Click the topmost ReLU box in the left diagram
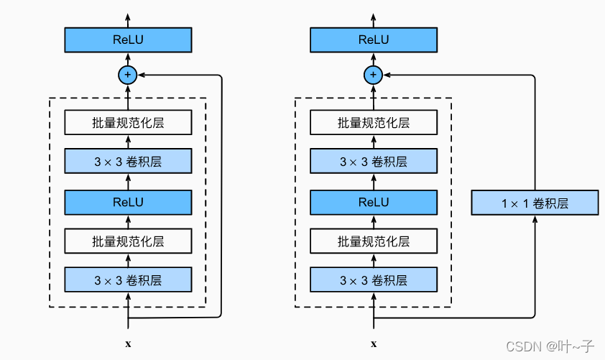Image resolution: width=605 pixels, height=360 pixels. (x=128, y=40)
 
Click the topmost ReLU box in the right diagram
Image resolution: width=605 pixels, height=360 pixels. (x=374, y=40)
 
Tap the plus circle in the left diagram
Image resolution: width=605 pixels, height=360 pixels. (x=128, y=74)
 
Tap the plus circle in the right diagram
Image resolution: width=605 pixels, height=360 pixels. (x=374, y=74)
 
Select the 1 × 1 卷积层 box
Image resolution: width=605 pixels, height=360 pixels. (x=535, y=203)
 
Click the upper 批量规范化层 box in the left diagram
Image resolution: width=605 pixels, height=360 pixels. (x=128, y=123)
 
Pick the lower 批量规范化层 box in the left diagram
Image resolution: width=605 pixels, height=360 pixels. (x=128, y=241)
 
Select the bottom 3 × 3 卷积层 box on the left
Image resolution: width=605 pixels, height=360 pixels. (x=128, y=280)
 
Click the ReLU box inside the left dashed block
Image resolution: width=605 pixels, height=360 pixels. (x=128, y=202)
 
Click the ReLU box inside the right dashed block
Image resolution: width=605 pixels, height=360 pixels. (x=374, y=202)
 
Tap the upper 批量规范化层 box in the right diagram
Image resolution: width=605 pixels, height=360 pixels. (x=374, y=123)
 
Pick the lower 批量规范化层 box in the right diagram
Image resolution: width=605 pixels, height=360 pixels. (x=374, y=241)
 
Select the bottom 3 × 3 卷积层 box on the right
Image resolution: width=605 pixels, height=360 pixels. (x=374, y=280)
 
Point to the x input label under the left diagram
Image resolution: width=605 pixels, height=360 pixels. (x=128, y=344)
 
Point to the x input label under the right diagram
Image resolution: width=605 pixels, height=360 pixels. (x=374, y=344)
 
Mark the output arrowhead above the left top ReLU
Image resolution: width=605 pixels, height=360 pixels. (x=128, y=17)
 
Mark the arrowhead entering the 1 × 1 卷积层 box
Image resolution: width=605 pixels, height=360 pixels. (x=535, y=219)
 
